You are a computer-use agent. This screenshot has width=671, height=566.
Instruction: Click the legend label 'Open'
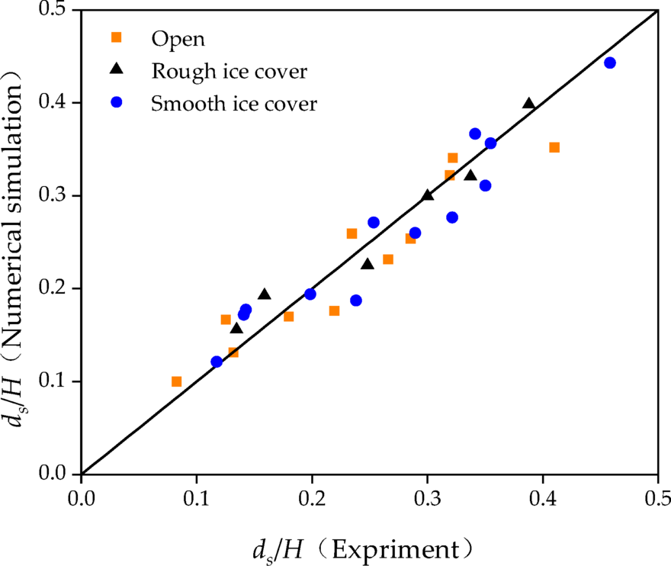pos(178,38)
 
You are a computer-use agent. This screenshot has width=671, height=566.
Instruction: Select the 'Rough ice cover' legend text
pos(229,72)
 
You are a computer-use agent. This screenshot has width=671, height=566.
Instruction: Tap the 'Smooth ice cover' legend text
pos(233,104)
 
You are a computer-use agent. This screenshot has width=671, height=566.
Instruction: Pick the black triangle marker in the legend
pos(117,69)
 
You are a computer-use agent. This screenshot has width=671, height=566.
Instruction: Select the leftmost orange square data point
pos(176,381)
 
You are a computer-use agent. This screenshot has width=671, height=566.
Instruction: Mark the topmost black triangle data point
pos(528,104)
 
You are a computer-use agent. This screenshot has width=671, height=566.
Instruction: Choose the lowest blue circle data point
pos(217,362)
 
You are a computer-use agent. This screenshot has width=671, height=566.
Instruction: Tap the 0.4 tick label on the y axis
pos(57,103)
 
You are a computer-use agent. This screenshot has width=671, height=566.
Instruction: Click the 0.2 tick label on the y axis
pos(57,288)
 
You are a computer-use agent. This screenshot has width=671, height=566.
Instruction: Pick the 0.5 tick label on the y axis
pos(57,11)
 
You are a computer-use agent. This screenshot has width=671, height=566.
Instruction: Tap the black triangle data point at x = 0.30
pos(427,195)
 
